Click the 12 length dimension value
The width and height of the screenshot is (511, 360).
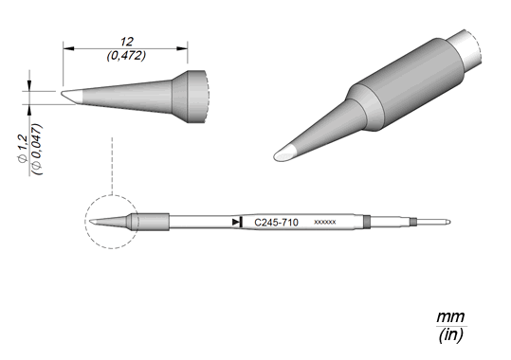(127, 42)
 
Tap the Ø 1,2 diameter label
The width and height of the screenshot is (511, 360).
(23, 145)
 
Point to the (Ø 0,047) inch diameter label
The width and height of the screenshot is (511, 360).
(38, 150)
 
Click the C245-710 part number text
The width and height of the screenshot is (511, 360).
(276, 223)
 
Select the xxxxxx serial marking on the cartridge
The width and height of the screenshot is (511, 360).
(324, 223)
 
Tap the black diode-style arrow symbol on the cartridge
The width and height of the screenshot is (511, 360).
(237, 223)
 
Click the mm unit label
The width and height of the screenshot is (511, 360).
(450, 316)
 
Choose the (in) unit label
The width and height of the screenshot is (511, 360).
(451, 335)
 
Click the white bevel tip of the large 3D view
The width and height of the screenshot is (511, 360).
(284, 153)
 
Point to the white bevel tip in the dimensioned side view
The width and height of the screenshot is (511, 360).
(72, 97)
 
